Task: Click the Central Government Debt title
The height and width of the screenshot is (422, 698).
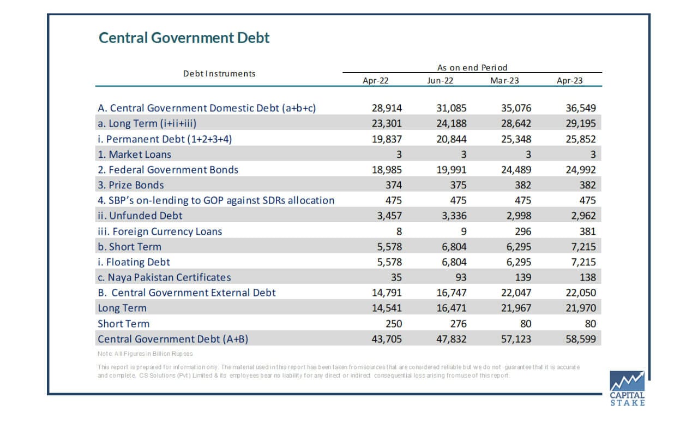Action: pyautogui.click(x=184, y=38)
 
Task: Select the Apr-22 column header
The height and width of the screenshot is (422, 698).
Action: pyautogui.click(x=376, y=80)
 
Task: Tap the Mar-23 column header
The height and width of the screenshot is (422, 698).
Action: pyautogui.click(x=504, y=80)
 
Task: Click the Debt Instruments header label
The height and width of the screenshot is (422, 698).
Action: pyautogui.click(x=219, y=74)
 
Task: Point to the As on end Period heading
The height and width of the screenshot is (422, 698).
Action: pyautogui.click(x=472, y=67)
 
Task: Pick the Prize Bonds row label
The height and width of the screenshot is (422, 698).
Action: pyautogui.click(x=130, y=185)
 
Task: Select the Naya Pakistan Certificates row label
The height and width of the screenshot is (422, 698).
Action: pyautogui.click(x=164, y=277)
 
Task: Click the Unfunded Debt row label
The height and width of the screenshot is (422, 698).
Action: pyautogui.click(x=140, y=216)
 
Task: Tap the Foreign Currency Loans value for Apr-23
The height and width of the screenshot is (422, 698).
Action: pyautogui.click(x=587, y=231)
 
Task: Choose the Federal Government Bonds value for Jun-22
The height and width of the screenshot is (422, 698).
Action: pyautogui.click(x=451, y=170)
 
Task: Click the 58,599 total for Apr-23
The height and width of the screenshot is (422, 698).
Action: pyautogui.click(x=581, y=338)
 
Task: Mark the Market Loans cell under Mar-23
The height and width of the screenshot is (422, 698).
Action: pyautogui.click(x=528, y=154)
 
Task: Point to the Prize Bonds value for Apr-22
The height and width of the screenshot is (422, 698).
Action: pyautogui.click(x=394, y=185)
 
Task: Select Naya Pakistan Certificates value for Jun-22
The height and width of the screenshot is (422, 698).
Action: pyautogui.click(x=461, y=277)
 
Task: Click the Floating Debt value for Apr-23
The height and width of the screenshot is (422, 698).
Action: pyautogui.click(x=583, y=262)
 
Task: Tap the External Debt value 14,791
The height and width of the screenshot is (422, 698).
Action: pyautogui.click(x=387, y=293)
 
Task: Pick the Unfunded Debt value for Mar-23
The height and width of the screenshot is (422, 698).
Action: pyautogui.click(x=519, y=216)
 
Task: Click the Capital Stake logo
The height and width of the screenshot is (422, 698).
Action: pyautogui.click(x=627, y=388)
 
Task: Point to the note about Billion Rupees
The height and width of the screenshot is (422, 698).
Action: pyautogui.click(x=145, y=354)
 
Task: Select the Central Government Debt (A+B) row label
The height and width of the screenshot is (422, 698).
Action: pyautogui.click(x=173, y=339)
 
